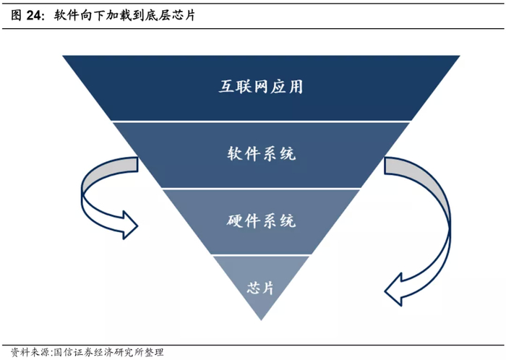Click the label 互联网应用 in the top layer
point(261,87)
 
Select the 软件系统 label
point(261,154)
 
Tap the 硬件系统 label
point(261,220)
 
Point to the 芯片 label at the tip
point(260,287)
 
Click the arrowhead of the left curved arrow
point(129,225)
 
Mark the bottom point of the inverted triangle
point(261,320)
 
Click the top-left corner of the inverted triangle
point(63,56)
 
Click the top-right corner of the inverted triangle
point(460,56)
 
